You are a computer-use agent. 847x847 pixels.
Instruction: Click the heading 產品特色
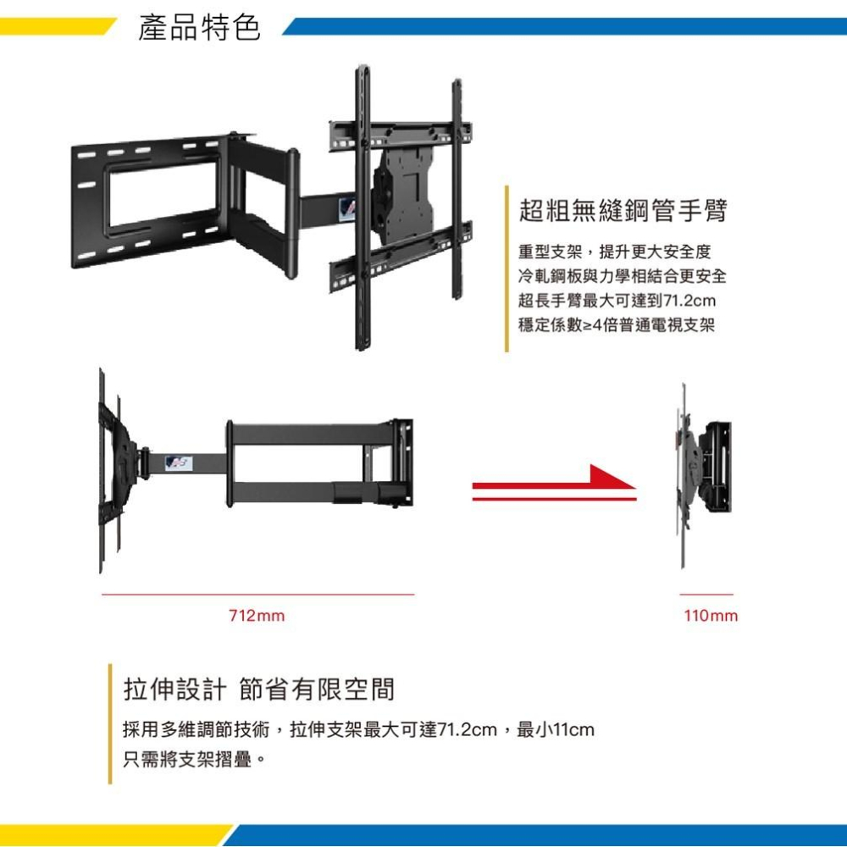point(199,28)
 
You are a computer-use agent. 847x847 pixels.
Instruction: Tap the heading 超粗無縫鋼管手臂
point(623,210)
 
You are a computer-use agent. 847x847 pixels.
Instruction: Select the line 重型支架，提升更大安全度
point(615,252)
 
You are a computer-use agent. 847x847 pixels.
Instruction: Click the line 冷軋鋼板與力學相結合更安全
point(623,275)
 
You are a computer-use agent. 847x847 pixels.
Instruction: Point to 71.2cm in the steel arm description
point(689,301)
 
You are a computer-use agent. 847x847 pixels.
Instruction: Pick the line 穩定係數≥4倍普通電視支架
point(617,324)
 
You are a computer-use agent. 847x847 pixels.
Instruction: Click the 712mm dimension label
point(257,615)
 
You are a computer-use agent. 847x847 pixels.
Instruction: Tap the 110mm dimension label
point(711,615)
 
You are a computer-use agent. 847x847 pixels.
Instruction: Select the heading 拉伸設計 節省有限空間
point(259,689)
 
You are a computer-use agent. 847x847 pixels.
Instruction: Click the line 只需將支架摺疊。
point(195,760)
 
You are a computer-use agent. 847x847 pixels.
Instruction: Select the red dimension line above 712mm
point(258,595)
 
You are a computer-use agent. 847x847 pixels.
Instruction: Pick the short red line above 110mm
point(706,595)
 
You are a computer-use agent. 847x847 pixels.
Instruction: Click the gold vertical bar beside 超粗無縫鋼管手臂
point(507,268)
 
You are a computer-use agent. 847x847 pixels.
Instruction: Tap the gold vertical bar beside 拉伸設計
point(110,723)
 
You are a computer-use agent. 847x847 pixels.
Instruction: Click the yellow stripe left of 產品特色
point(57,26)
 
